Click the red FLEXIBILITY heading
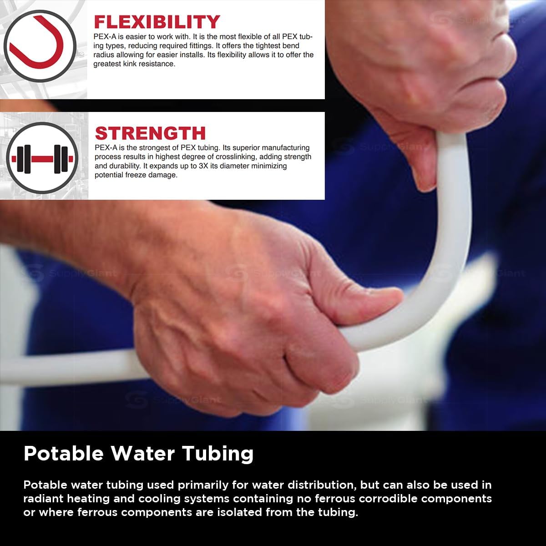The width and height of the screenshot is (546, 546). pos(157,22)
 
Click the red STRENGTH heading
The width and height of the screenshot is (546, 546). pos(150,133)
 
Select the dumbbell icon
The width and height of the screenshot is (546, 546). pos(42,158)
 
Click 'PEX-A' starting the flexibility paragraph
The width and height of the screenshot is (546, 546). pos(102,37)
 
